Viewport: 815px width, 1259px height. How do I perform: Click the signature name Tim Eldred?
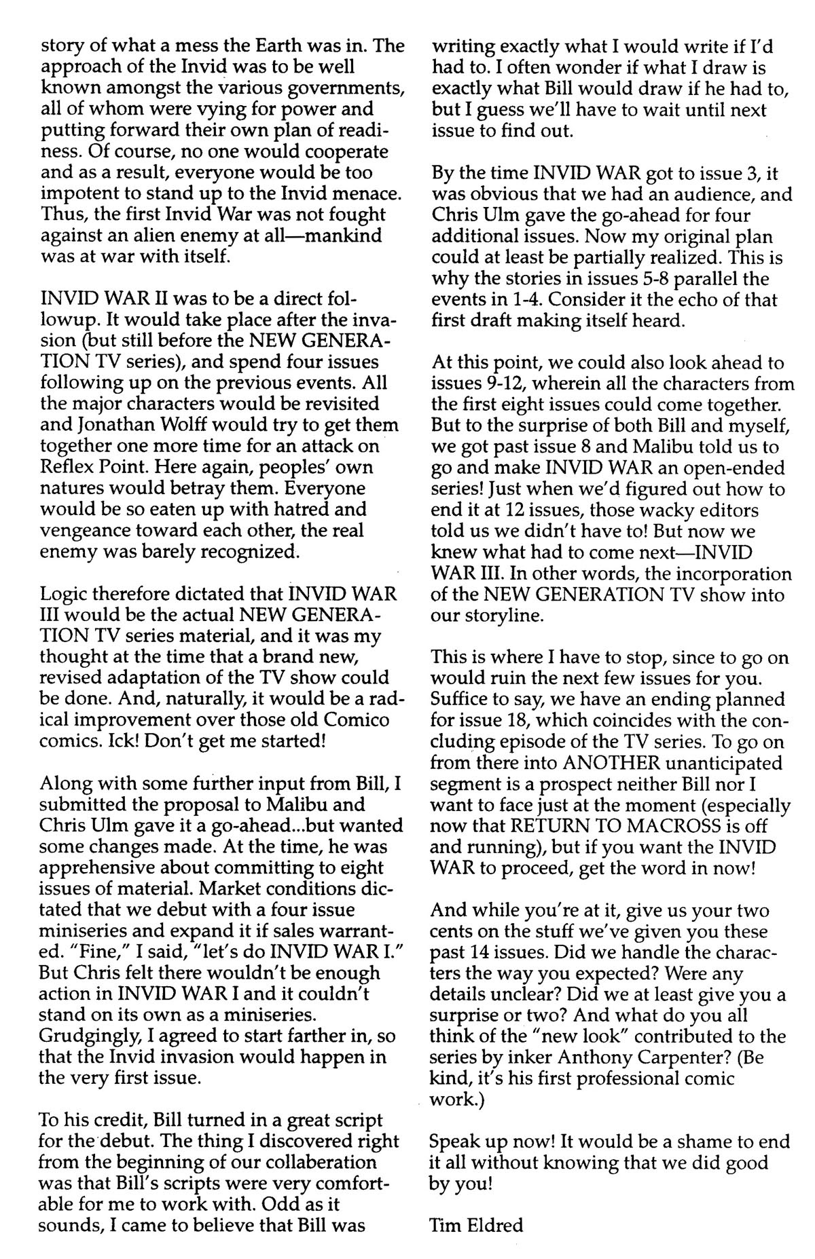click(476, 1225)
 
